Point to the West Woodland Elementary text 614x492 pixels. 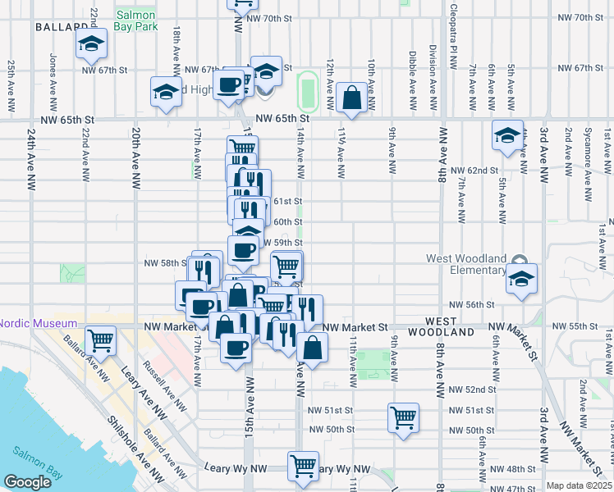pyautogui.click(x=465, y=264)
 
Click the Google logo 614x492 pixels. pyautogui.click(x=27, y=482)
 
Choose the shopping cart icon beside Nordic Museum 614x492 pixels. pyautogui.click(x=101, y=339)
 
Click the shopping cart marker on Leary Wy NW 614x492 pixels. pyautogui.click(x=303, y=466)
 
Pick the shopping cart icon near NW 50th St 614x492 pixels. pyautogui.click(x=403, y=417)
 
